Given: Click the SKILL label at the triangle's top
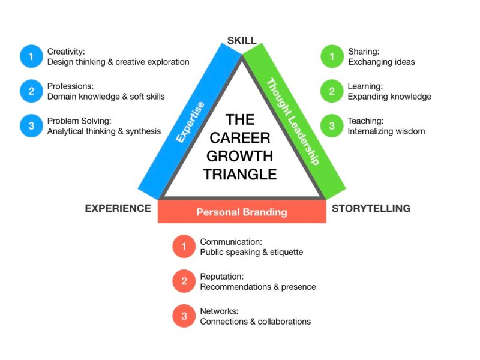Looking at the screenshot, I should (242, 41).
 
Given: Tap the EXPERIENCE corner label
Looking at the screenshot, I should (118, 209).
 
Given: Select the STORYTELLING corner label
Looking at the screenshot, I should (371, 209).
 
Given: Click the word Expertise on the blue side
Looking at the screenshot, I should (191, 122).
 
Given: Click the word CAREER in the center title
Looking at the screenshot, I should (240, 137).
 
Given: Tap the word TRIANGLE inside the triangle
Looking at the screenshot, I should (240, 175).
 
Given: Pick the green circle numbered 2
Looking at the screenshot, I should (331, 91).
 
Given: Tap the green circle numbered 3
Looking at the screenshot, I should (331, 126).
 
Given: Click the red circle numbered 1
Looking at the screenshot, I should (184, 247).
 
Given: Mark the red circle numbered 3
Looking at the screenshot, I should (184, 316).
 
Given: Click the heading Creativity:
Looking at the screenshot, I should (66, 51).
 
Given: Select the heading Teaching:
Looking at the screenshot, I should (365, 121).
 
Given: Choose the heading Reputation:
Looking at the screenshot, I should (221, 277).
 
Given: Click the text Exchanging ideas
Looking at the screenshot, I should (381, 62).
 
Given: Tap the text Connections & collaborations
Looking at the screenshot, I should (256, 322).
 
